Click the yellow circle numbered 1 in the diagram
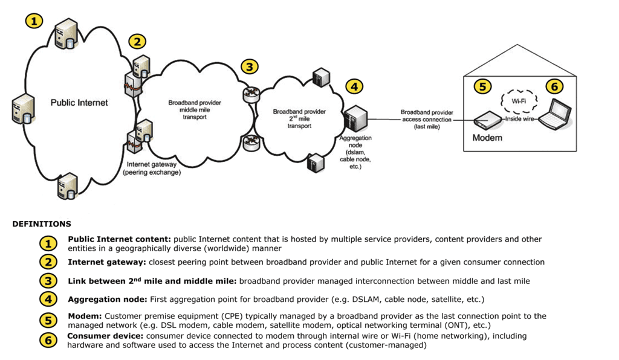point(34,21)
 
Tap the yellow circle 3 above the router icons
point(249,66)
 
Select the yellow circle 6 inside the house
point(554,86)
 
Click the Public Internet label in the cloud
point(79,103)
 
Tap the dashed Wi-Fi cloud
point(518,101)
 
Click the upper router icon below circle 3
point(250,94)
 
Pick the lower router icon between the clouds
point(250,143)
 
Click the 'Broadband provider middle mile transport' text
point(194,110)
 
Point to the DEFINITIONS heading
point(42,224)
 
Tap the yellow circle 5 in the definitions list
point(49,320)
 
